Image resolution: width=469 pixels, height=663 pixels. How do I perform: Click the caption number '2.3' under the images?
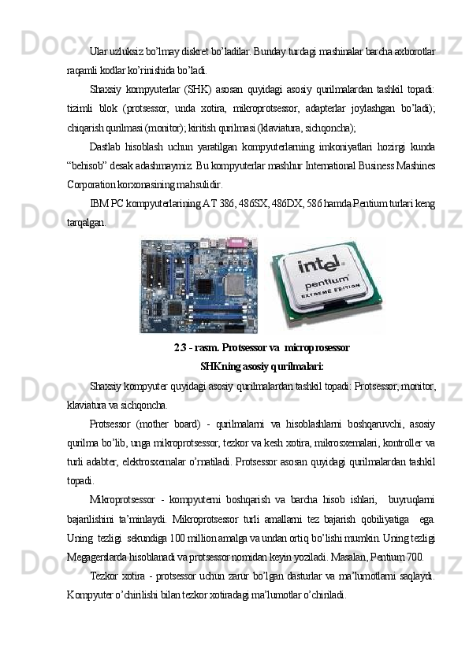coord(180,348)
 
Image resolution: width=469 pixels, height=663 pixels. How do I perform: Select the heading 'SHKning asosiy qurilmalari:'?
coord(262,366)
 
